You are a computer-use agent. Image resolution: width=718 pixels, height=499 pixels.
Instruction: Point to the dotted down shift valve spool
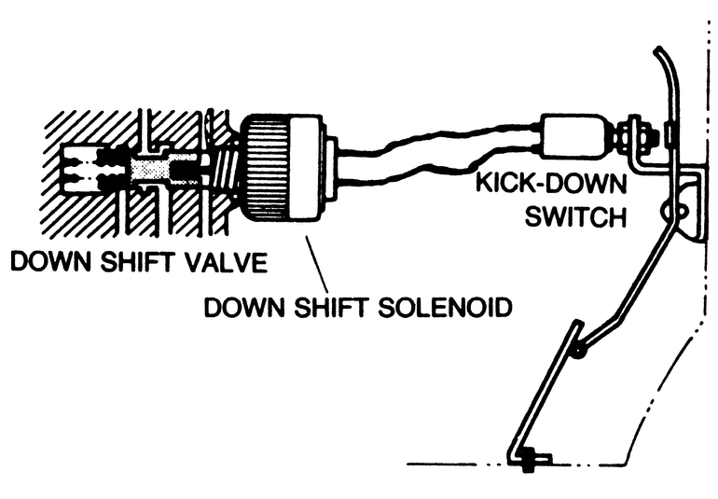coord(154,169)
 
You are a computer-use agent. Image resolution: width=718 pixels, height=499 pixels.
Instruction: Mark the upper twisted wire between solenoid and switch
coord(438,140)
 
